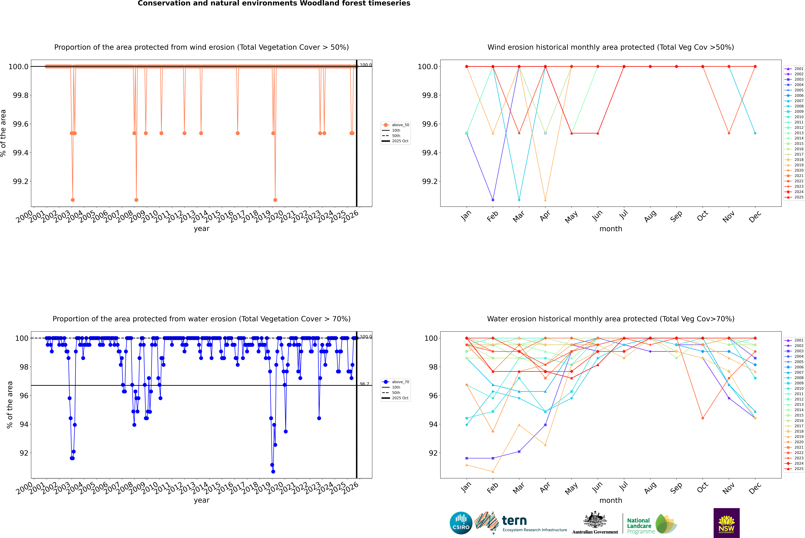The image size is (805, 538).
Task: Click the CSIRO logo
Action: [x=461, y=523]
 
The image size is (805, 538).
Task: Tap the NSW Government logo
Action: [x=726, y=523]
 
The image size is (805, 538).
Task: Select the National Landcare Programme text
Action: [x=639, y=526]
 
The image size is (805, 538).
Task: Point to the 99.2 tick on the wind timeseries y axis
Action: [x=21, y=182]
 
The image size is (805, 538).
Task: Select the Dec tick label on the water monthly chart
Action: [x=755, y=488]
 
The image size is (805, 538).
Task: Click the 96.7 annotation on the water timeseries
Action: [x=364, y=384]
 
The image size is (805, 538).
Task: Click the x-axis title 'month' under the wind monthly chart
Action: [x=610, y=229]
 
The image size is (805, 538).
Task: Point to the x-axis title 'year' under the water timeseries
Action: [x=201, y=500]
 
